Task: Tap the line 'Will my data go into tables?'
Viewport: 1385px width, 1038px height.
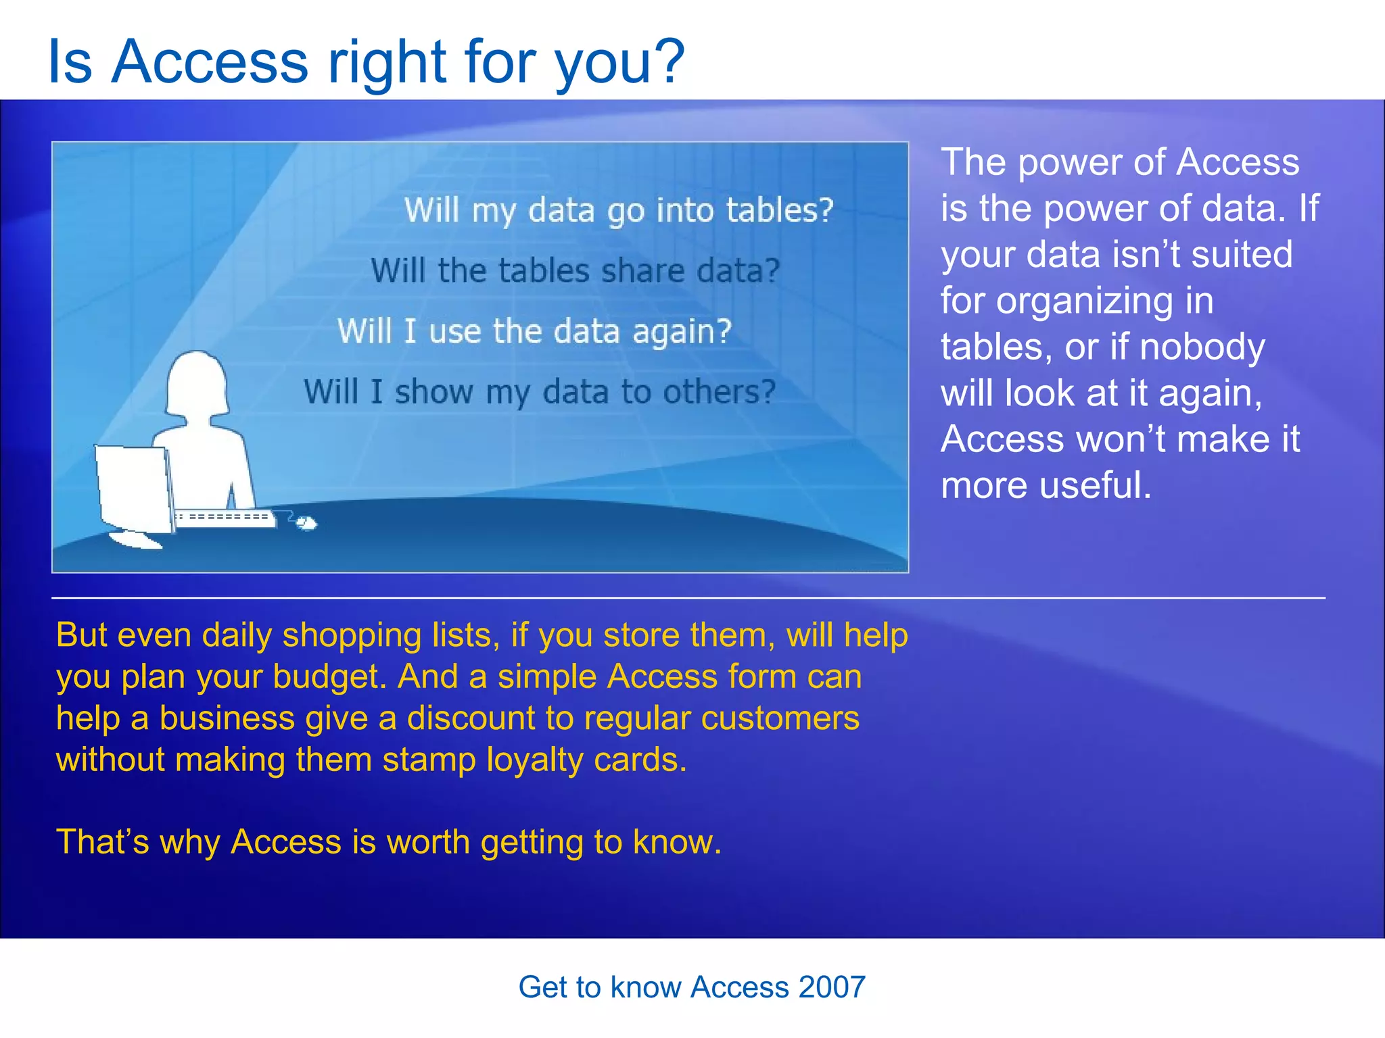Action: [x=619, y=210]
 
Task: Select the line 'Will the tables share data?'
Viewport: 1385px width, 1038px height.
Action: [x=576, y=271]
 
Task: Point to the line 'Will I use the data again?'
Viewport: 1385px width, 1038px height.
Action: [x=534, y=332]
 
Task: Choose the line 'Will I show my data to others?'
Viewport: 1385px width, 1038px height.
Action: [x=539, y=392]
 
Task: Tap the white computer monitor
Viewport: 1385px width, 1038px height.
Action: [x=133, y=488]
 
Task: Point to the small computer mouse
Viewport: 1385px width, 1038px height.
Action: [x=307, y=523]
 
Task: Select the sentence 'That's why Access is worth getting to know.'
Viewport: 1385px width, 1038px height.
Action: [x=389, y=842]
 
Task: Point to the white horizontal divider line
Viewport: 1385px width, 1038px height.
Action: [x=688, y=598]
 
